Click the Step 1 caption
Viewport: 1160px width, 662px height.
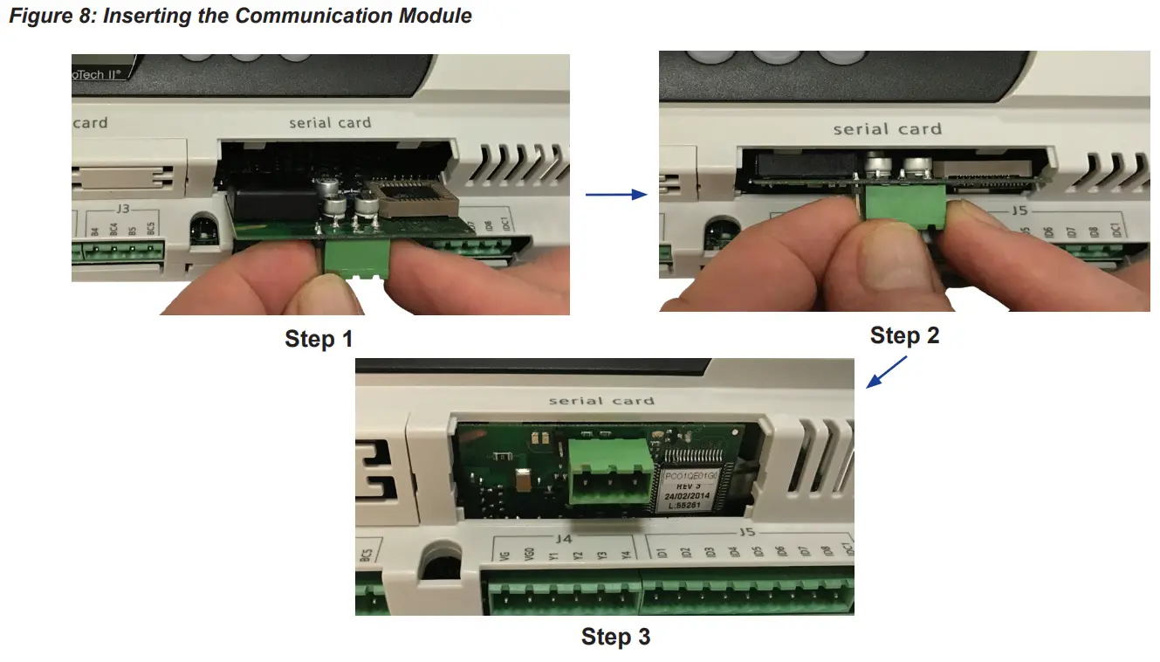pyautogui.click(x=319, y=339)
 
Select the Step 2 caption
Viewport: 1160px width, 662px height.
pyautogui.click(x=904, y=335)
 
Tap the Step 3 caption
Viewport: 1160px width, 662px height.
pyautogui.click(x=615, y=638)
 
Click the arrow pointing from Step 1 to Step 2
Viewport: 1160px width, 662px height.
pyautogui.click(x=615, y=195)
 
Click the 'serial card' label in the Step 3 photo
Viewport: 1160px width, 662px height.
pyautogui.click(x=601, y=401)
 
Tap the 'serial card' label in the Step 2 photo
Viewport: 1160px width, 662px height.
pyautogui.click(x=887, y=129)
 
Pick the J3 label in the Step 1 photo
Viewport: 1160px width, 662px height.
pyautogui.click(x=122, y=210)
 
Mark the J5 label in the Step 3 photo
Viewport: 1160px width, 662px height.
pyautogui.click(x=745, y=531)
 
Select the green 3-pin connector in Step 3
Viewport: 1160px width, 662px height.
pyautogui.click(x=609, y=472)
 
